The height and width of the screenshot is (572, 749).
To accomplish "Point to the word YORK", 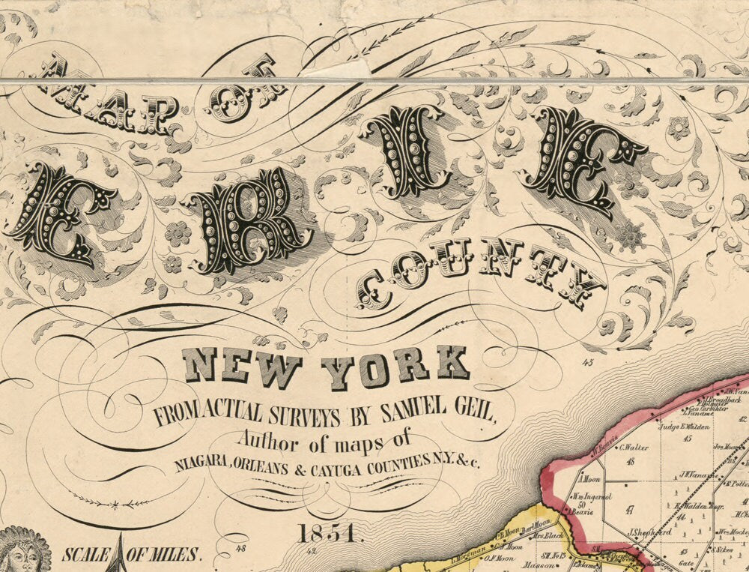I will tap(395, 367).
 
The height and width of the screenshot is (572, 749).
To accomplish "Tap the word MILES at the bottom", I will tap(175, 556).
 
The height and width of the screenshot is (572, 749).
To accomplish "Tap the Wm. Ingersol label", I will tap(592, 496).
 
